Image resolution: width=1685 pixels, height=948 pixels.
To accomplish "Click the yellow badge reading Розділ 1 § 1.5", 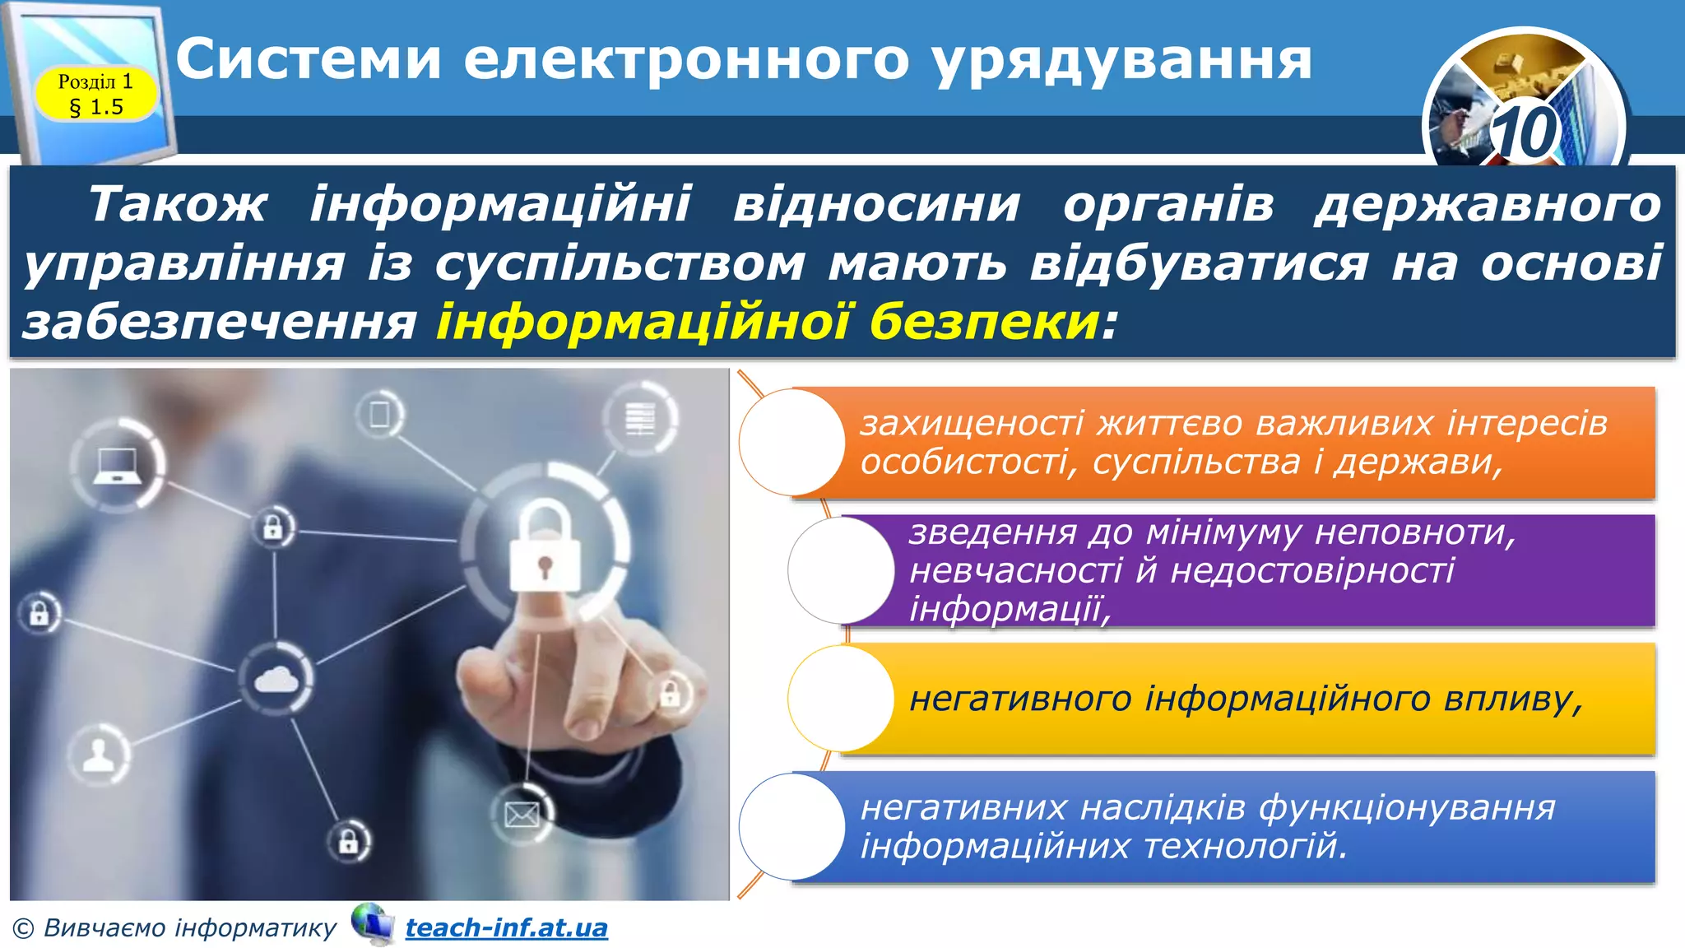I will (x=95, y=94).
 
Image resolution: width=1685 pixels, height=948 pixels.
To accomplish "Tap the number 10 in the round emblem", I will (x=1524, y=132).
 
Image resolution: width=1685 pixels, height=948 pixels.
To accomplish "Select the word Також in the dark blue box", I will (x=178, y=204).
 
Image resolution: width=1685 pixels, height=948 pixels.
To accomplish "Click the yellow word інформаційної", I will (x=643, y=321).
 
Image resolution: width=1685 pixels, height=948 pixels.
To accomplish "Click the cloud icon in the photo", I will (x=276, y=680).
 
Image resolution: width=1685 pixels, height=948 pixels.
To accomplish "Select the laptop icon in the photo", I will (x=115, y=466).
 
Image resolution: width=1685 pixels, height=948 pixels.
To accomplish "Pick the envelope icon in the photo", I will (x=522, y=816).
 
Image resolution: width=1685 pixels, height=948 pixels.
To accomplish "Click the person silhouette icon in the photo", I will (x=100, y=754).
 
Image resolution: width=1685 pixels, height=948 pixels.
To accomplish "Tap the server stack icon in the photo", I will (x=640, y=417).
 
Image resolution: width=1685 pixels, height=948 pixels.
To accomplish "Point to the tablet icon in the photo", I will (x=379, y=413).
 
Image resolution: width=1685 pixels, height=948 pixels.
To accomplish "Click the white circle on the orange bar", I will (x=791, y=442).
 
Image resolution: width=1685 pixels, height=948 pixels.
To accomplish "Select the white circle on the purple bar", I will (x=841, y=569).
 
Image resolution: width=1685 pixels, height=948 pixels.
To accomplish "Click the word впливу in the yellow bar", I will (x=1513, y=699).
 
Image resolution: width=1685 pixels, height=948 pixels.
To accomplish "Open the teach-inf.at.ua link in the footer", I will (x=506, y=927).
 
